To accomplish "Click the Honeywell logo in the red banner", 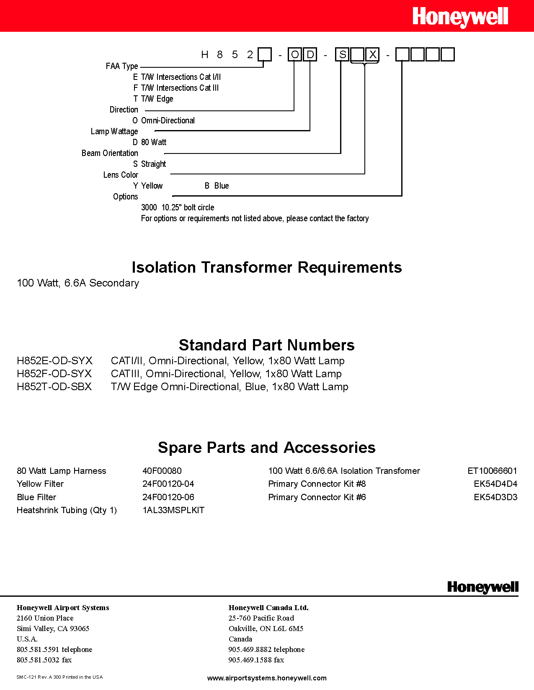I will point(460,17).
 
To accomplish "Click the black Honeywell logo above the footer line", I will point(482,587).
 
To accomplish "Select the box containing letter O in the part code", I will point(295,55).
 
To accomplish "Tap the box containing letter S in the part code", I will point(342,55).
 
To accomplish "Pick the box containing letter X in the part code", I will point(372,55).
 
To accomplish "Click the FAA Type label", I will point(122,66).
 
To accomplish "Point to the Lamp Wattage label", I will point(114,131).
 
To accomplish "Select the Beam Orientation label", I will point(110,153).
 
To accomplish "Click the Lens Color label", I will point(121,175).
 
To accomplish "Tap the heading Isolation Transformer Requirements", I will point(267,267).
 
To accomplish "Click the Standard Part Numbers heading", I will point(267,345).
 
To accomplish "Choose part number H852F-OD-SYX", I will point(54,373).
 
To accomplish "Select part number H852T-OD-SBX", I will point(54,386).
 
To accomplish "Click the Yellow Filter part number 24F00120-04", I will point(168,484).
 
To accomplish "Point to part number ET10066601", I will point(492,471).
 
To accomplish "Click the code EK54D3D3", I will point(495,497).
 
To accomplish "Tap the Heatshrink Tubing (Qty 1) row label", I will point(67,510).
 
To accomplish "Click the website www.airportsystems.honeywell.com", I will point(267,678).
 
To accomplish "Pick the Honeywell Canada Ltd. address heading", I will point(268,608).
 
